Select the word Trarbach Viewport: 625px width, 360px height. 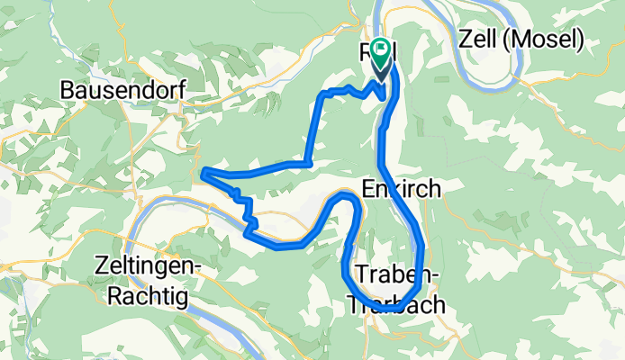click(395, 305)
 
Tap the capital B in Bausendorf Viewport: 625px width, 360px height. click(67, 90)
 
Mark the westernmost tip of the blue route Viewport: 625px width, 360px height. click(203, 173)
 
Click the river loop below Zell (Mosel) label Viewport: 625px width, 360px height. click(504, 81)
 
